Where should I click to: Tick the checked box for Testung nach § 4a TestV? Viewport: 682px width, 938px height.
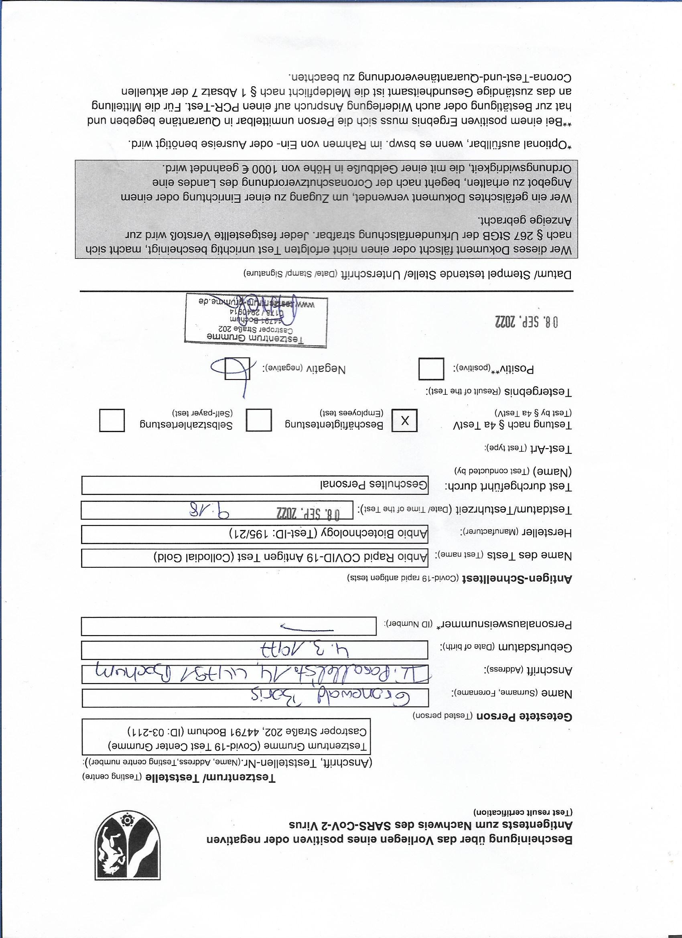(404, 420)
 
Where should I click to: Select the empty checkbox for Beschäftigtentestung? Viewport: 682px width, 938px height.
(258, 420)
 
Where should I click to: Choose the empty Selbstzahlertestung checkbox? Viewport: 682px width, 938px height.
(112, 420)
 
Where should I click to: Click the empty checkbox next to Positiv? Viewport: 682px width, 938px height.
(431, 368)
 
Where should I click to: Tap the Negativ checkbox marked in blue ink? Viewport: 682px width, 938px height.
(237, 368)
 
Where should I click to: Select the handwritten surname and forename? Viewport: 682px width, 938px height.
(331, 698)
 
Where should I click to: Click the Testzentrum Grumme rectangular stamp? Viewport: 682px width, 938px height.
(256, 321)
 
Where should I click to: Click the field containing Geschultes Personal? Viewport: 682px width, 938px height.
(255, 485)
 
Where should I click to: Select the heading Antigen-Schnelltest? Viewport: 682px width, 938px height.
(517, 578)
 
